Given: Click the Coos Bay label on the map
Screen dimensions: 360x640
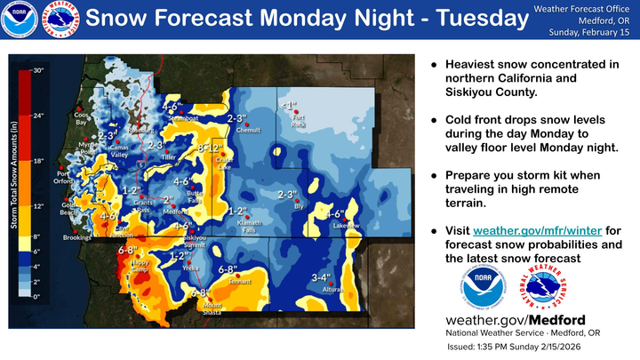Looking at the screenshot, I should (81, 118).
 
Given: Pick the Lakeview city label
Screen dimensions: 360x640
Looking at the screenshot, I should (346, 226).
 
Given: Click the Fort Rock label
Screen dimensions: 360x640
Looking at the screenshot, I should (300, 122).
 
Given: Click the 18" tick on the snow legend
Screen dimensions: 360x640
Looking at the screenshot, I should (38, 161).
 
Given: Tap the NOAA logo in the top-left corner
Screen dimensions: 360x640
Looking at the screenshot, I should (20, 20).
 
